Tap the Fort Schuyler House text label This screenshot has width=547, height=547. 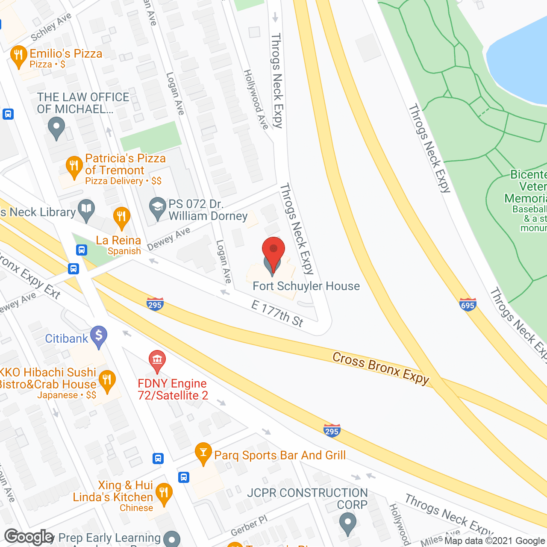(x=306, y=286)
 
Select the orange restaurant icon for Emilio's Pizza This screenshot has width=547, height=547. (x=18, y=56)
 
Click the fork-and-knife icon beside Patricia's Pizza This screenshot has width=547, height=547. (x=74, y=167)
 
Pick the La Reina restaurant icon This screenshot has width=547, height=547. (x=122, y=218)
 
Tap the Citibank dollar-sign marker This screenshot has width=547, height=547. (x=99, y=336)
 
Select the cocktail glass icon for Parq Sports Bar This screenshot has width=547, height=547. (x=203, y=453)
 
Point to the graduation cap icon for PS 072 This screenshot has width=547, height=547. (x=158, y=208)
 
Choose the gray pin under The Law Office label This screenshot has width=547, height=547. (x=56, y=128)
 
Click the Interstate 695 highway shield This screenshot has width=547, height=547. (x=468, y=305)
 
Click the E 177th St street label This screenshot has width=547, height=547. (x=277, y=314)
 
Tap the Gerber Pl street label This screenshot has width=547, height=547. (x=249, y=526)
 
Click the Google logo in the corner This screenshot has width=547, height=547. (x=29, y=537)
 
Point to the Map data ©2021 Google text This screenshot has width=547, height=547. (x=495, y=541)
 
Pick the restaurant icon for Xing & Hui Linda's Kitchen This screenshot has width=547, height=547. (x=164, y=494)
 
